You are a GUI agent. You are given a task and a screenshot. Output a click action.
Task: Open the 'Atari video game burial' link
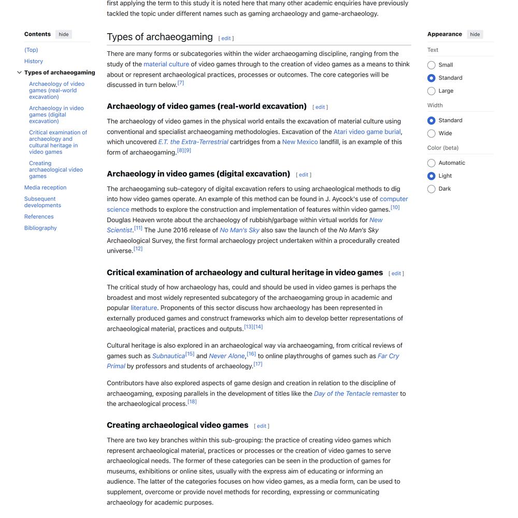click(367, 132)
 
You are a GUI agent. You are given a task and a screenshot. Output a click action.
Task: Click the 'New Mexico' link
click(300, 142)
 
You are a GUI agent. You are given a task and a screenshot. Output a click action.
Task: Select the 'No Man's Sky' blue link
click(239, 230)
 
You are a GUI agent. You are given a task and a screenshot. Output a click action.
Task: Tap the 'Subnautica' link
click(168, 356)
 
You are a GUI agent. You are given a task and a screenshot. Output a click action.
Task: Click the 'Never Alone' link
click(227, 356)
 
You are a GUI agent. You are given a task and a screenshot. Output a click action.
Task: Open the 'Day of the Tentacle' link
click(342, 394)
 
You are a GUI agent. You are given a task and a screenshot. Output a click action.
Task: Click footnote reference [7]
click(181, 83)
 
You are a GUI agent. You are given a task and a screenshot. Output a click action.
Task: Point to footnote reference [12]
click(138, 249)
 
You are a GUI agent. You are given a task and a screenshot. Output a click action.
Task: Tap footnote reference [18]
click(192, 401)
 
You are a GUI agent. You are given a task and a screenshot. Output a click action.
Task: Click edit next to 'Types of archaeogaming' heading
click(226, 38)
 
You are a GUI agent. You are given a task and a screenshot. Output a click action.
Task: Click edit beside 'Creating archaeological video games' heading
click(262, 426)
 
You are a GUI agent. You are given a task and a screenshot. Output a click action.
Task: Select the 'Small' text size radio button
click(431, 65)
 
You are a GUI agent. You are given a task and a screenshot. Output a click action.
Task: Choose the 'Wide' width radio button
click(431, 134)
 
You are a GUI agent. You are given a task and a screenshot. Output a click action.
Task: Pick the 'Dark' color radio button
click(431, 189)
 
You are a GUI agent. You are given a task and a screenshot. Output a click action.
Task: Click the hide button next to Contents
click(64, 35)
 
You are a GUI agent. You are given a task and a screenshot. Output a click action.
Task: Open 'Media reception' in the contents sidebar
click(45, 188)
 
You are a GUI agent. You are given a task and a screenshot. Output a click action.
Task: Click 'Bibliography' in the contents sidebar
click(40, 228)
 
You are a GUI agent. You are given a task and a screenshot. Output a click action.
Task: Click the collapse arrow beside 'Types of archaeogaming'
click(20, 73)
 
